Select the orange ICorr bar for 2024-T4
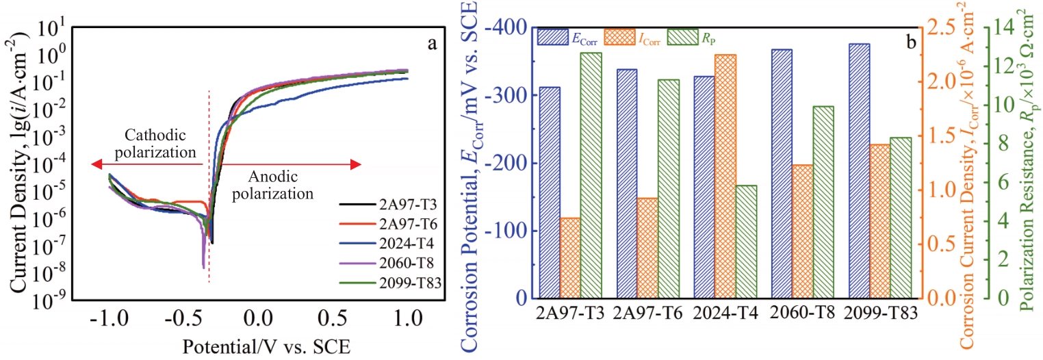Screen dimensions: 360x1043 pos(725,177)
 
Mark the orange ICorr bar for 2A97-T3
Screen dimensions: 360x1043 pos(569,258)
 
